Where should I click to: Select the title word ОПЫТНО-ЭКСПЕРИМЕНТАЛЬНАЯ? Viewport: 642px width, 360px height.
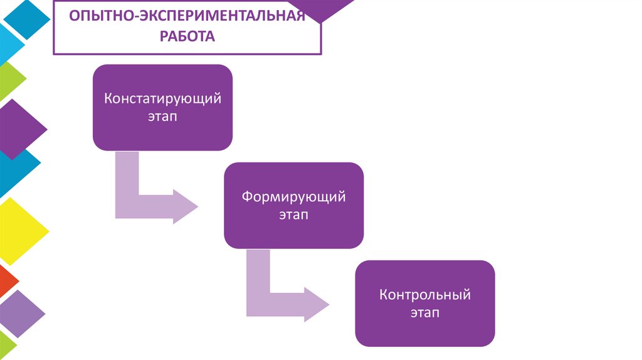[x=187, y=14]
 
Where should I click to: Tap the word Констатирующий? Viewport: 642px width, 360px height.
[x=162, y=99]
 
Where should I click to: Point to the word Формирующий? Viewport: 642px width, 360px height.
[x=293, y=197]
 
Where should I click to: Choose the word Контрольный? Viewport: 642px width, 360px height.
[x=424, y=294]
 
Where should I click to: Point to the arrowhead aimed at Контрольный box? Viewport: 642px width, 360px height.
[x=315, y=304]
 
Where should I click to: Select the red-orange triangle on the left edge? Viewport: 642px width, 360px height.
[x=6, y=281]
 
